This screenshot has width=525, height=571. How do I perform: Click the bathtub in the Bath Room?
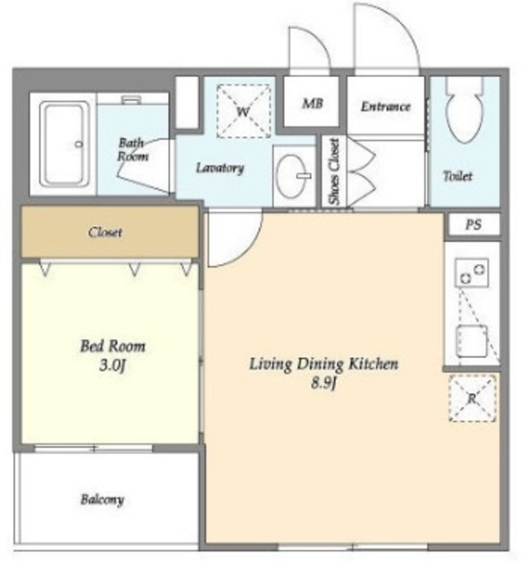[65, 145]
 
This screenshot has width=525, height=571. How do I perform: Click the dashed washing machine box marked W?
[244, 111]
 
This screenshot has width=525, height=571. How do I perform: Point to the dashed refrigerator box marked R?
[472, 398]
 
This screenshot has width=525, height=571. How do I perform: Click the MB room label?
[312, 103]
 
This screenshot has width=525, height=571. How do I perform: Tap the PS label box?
[473, 224]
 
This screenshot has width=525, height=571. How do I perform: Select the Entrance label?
[386, 106]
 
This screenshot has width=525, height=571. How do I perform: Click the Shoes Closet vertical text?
[334, 171]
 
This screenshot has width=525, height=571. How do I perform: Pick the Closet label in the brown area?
[105, 232]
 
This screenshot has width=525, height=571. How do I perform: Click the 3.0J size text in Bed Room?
[112, 365]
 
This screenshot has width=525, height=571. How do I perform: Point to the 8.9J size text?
[323, 383]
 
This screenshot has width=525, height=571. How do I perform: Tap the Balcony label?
[103, 500]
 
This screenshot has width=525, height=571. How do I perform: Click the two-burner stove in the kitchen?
[472, 272]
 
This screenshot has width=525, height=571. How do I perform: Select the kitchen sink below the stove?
[472, 341]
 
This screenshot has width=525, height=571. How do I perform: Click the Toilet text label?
[458, 177]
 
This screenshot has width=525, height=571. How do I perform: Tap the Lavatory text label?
[220, 168]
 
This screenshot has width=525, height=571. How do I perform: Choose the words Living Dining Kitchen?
[323, 364]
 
